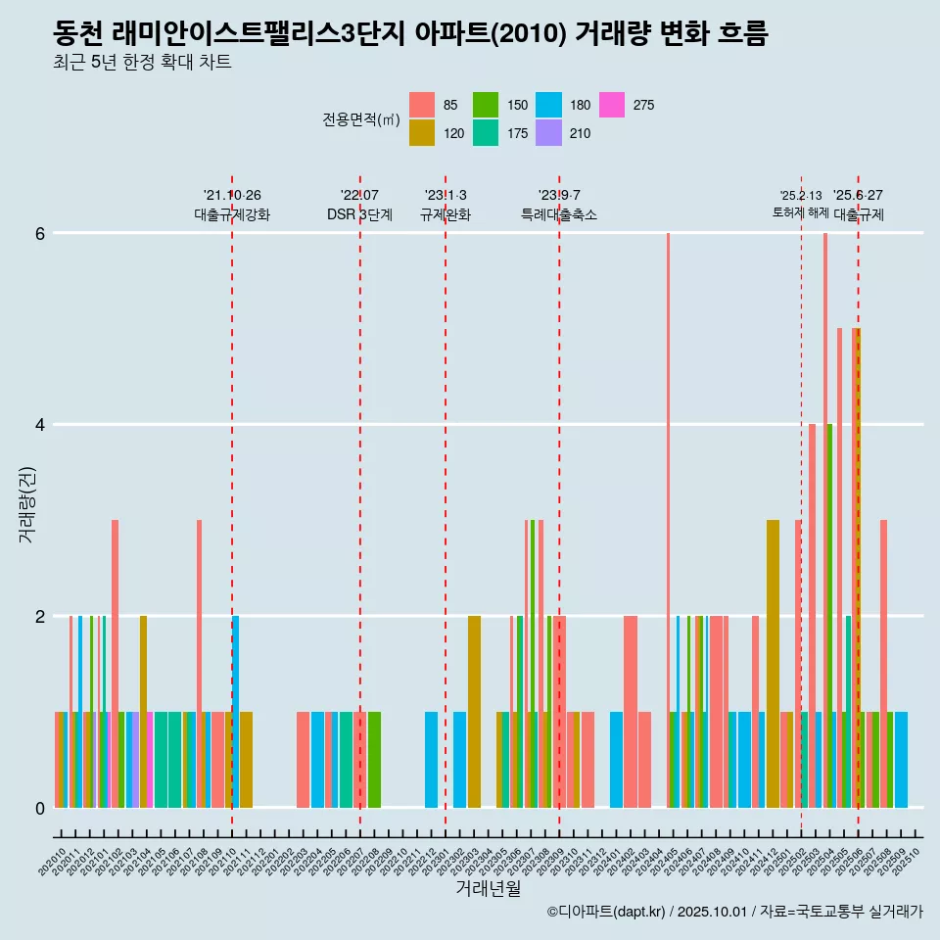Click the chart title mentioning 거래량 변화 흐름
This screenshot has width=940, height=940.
tap(411, 34)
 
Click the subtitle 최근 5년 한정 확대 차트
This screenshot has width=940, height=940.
tap(142, 64)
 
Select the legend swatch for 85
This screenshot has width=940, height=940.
tap(422, 105)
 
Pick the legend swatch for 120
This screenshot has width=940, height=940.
tap(422, 133)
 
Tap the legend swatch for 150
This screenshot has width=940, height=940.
tap(486, 105)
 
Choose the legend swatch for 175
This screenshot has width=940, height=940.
tap(486, 133)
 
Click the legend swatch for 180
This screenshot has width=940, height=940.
tap(549, 105)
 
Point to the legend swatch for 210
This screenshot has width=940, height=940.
tap(549, 133)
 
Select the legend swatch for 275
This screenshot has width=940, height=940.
tap(612, 105)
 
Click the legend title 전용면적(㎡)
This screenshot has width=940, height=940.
tap(361, 119)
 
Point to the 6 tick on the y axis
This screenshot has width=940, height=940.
tap(40, 234)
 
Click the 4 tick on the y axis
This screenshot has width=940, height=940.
tap(40, 425)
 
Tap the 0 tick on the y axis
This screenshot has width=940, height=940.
tap(40, 808)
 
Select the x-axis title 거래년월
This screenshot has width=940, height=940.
tap(488, 888)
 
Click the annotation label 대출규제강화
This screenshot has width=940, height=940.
tap(232, 214)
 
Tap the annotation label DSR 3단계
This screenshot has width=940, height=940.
tap(359, 214)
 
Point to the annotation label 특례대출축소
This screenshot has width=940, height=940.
tap(559, 214)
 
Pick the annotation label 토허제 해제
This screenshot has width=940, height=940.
tap(801, 212)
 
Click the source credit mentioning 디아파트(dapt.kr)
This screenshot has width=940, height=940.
tap(734, 913)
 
